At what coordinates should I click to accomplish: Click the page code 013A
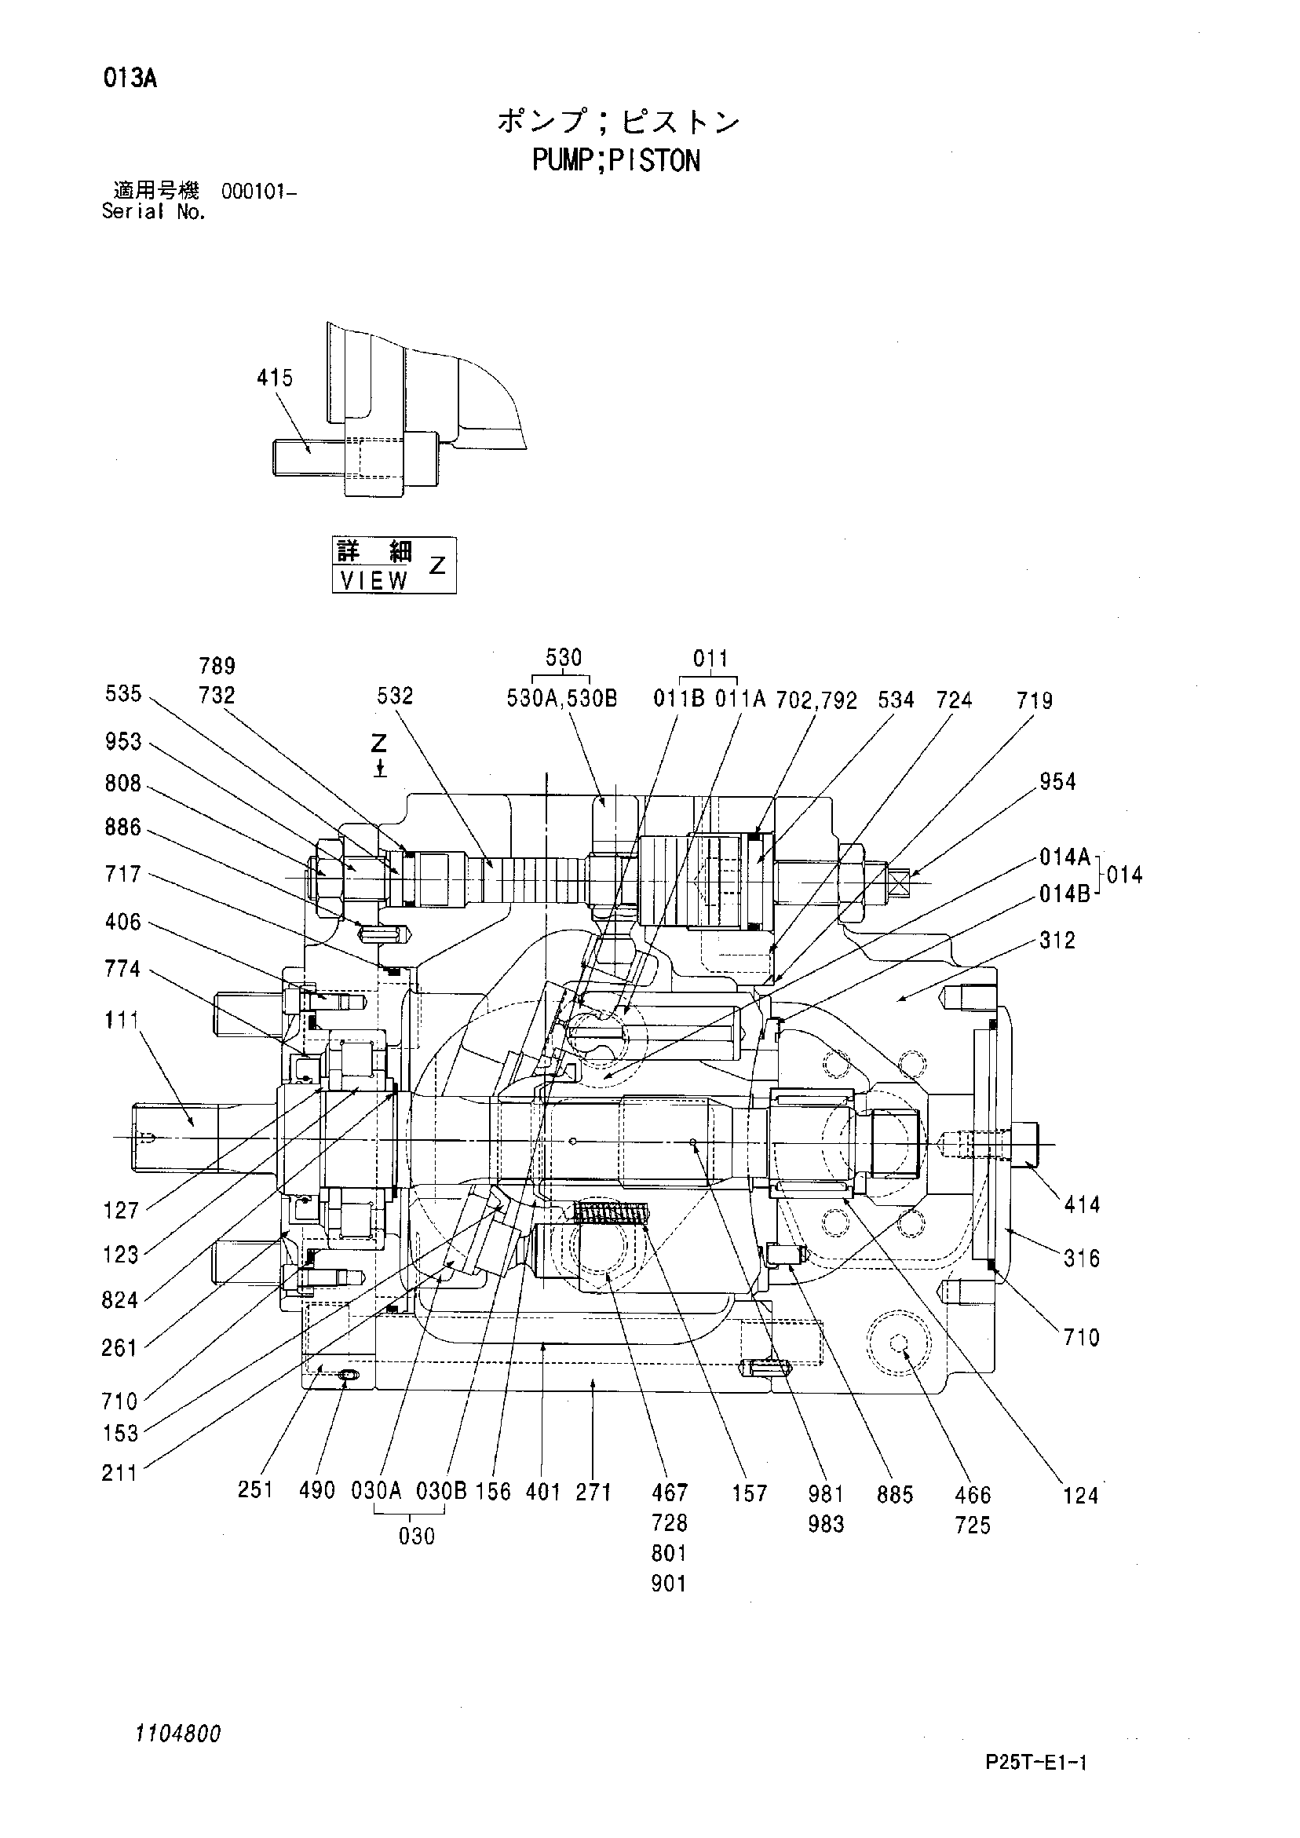tap(130, 79)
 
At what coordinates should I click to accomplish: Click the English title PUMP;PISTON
tap(616, 161)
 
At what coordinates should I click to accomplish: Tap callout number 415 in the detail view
tap(276, 378)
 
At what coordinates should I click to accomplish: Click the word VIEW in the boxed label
tap(374, 580)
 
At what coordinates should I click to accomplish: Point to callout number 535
tap(123, 693)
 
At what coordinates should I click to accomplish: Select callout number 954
tap(1057, 781)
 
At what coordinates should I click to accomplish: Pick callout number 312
tap(1057, 941)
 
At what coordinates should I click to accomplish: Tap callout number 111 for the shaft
tap(122, 1020)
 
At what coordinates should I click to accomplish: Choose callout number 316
tap(1082, 1259)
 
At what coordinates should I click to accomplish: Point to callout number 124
tap(1080, 1496)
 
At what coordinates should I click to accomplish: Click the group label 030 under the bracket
tap(416, 1537)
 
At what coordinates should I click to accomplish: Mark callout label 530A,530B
tap(562, 700)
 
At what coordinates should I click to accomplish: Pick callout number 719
tap(1034, 701)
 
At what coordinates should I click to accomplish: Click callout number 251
tap(256, 1489)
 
